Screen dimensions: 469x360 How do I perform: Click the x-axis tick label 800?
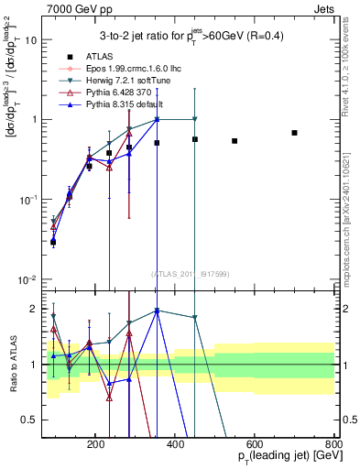tap(333, 442)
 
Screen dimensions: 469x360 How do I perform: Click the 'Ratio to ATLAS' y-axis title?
tap(13, 364)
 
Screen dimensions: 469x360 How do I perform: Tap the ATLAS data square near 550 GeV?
tap(235, 141)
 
